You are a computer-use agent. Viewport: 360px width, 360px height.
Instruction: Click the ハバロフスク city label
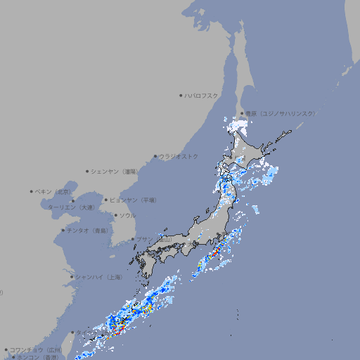tap(202, 95)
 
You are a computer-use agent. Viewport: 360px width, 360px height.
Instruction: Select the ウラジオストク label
tap(179, 156)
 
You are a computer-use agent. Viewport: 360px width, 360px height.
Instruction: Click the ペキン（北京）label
tap(53, 191)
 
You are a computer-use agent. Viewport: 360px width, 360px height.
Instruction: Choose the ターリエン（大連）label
tap(70, 207)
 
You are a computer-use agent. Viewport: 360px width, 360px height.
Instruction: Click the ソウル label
tap(127, 215)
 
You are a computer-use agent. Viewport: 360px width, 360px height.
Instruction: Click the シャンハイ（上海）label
tap(98, 277)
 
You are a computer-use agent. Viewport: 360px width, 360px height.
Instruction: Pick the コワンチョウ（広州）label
tap(35, 349)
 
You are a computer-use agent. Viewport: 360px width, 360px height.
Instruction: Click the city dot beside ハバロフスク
tap(181, 95)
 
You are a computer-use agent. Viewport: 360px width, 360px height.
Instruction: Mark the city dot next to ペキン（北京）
tap(32, 191)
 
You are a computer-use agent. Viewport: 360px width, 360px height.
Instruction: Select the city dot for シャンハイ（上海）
tap(72, 277)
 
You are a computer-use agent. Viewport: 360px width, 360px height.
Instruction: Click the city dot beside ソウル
tap(115, 215)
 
